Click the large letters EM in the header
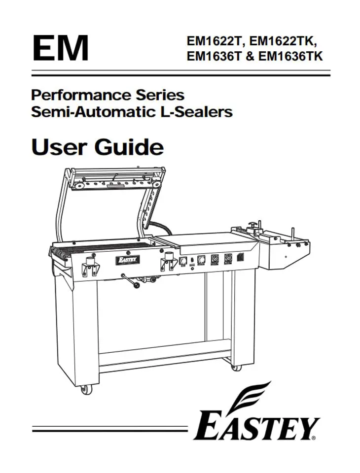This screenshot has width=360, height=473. click(x=60, y=48)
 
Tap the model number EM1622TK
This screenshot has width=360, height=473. click(x=284, y=41)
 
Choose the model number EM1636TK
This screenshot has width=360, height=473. click(x=291, y=56)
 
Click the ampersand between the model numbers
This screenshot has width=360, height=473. click(x=250, y=56)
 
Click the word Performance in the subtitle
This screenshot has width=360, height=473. click(x=81, y=95)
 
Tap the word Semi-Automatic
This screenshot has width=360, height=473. click(x=92, y=112)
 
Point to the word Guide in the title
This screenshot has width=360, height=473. click(x=129, y=147)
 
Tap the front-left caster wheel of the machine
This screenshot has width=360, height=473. click(x=86, y=390)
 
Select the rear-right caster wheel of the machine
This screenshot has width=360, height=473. click(x=236, y=367)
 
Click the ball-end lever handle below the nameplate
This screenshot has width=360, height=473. click(x=130, y=280)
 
